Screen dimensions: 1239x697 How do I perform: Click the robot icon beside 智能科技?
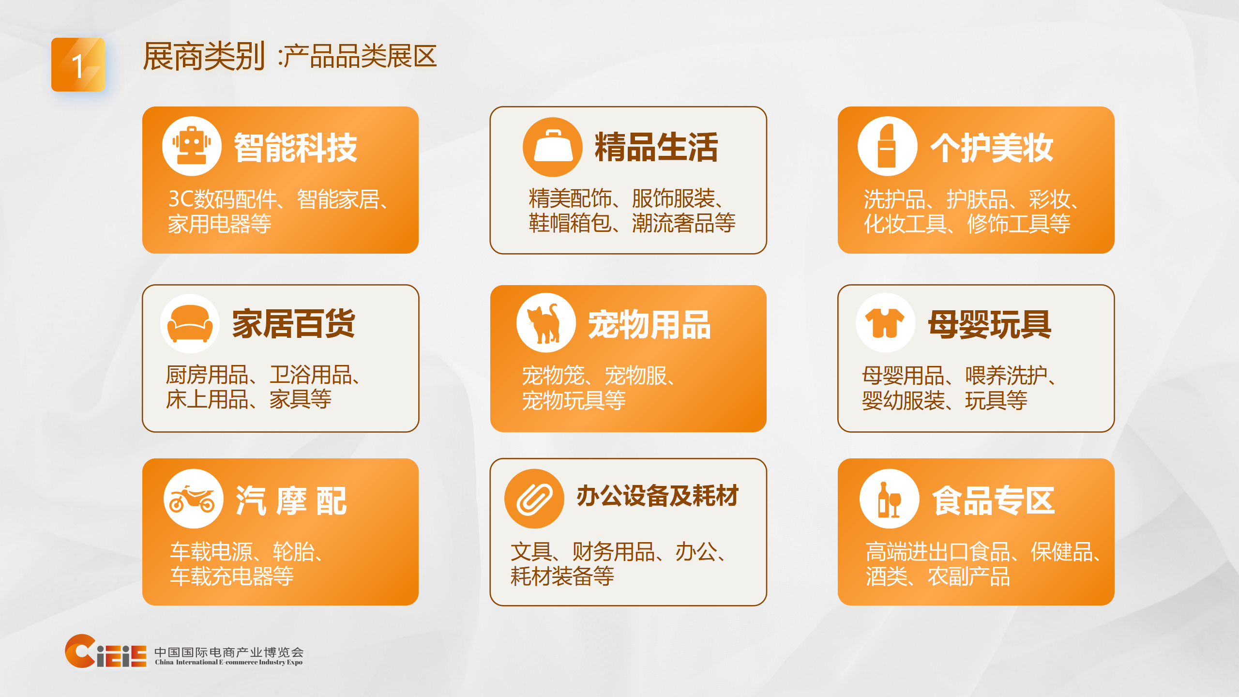(192, 146)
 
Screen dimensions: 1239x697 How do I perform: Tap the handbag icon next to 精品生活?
(552, 147)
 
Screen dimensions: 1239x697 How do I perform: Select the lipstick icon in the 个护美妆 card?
(887, 146)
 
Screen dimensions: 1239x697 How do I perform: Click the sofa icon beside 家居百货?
(190, 323)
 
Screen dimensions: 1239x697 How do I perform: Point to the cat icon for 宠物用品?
(546, 323)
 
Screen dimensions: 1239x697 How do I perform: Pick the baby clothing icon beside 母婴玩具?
(885, 323)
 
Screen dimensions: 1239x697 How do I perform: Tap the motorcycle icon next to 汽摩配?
(193, 499)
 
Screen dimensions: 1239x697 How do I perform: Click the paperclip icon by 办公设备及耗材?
(534, 499)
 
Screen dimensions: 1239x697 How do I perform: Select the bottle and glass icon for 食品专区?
(889, 499)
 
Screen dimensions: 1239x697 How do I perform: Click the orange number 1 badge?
(78, 65)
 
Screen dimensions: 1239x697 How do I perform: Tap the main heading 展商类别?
(204, 56)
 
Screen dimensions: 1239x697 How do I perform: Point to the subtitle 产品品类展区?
(360, 56)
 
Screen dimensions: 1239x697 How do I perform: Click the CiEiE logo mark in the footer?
(106, 652)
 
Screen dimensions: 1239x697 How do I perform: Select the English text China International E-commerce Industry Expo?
(228, 662)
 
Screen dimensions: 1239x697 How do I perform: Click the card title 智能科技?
(295, 148)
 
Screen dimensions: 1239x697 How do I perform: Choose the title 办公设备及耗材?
(657, 496)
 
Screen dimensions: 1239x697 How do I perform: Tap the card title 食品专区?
(993, 500)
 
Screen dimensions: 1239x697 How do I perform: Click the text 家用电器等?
(220, 224)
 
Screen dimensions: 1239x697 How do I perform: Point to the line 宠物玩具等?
(574, 400)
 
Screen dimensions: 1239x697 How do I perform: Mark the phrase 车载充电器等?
(232, 576)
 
